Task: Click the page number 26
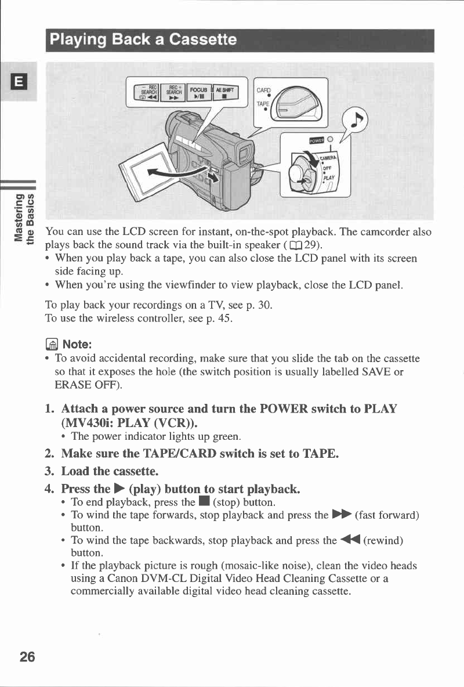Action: (27, 656)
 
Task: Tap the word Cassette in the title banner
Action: (200, 39)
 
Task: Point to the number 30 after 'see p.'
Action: (264, 304)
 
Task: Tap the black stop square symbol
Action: (206, 502)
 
